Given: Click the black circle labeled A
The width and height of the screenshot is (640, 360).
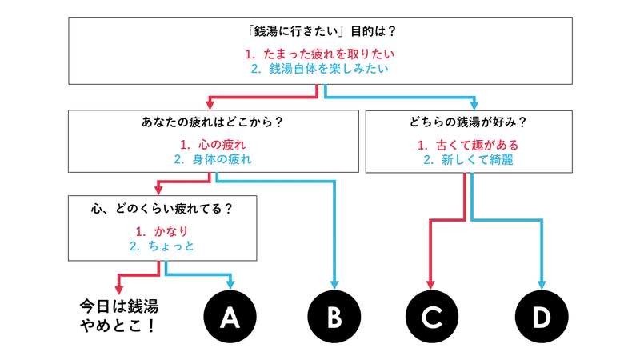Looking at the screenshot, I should coord(230,318).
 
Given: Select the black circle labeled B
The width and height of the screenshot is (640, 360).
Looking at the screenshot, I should coord(334,318).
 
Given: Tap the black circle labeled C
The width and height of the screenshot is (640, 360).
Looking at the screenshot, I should coord(432,318).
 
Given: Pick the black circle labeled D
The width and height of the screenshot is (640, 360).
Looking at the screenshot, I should coord(542,318).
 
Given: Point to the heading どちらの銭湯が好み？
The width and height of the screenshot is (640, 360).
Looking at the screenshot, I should coord(468,124).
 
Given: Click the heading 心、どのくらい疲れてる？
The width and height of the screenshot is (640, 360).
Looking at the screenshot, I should coord(162,210).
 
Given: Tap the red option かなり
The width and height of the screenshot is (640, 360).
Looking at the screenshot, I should coord(162,231).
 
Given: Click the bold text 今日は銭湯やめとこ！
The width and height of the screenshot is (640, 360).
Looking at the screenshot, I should coord(118,318).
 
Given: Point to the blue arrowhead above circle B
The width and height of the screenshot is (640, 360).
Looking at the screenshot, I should coord(334,283).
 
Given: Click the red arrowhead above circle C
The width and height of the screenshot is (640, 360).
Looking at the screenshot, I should coord(432,283).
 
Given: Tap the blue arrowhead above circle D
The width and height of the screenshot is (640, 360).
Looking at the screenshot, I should coord(542,283).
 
